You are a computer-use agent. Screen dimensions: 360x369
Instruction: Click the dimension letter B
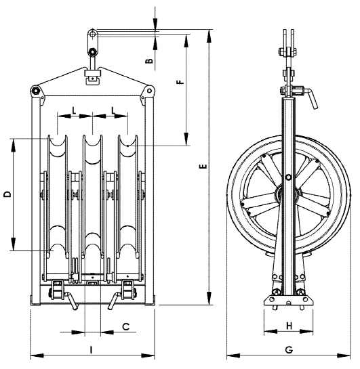149,61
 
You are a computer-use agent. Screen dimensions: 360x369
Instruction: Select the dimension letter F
180,82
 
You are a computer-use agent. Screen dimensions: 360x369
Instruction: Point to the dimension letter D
7,194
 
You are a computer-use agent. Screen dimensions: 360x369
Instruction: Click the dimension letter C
126,326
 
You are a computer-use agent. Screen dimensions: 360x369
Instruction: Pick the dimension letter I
91,350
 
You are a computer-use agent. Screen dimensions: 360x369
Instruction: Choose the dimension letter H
289,326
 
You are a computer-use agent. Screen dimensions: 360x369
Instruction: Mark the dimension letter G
289,350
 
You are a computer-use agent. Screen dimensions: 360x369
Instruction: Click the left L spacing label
74,110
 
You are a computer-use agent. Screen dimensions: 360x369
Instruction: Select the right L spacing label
114,110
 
